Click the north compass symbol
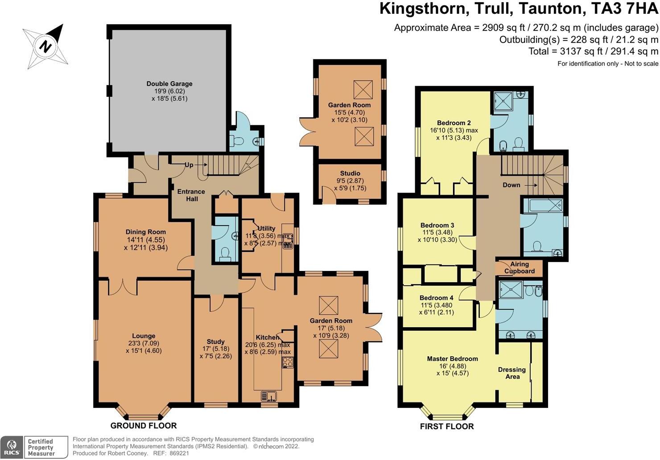pyautogui.click(x=45, y=46)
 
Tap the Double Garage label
pyautogui.click(x=169, y=84)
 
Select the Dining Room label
pyautogui.click(x=145, y=232)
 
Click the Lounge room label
pyautogui.click(x=144, y=336)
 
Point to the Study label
pyautogui.click(x=215, y=342)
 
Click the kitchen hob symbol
pyautogui.click(x=288, y=362)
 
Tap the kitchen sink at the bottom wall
pyautogui.click(x=269, y=395)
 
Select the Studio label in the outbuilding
pyautogui.click(x=350, y=173)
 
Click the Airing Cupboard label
pyautogui.click(x=520, y=267)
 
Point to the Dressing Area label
pyautogui.click(x=512, y=373)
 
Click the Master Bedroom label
pyautogui.click(x=452, y=359)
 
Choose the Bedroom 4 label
pyautogui.click(x=436, y=298)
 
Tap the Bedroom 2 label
pyautogui.click(x=454, y=123)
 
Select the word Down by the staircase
pyautogui.click(x=511, y=185)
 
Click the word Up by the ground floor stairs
pyautogui.click(x=189, y=165)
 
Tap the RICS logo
pyautogui.click(x=12, y=447)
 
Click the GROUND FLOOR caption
pyautogui.click(x=144, y=426)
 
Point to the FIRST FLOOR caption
pyautogui.click(x=447, y=427)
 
